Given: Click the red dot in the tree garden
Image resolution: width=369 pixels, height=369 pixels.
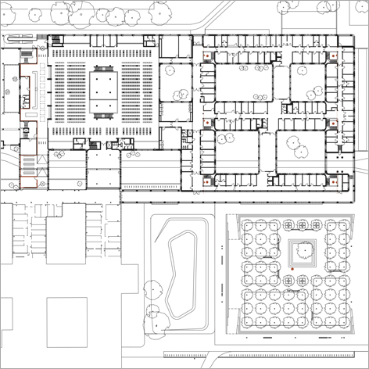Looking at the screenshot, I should pos(292,269).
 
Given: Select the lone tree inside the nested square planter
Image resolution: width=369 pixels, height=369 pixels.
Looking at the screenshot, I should pos(301,251).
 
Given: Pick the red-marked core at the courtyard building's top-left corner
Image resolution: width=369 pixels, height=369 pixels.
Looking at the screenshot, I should pos(206,56).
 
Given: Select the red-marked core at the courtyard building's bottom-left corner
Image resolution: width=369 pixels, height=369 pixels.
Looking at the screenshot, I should pos(206,181).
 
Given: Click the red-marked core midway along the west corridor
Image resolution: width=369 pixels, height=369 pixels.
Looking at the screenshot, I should pos(206,122).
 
